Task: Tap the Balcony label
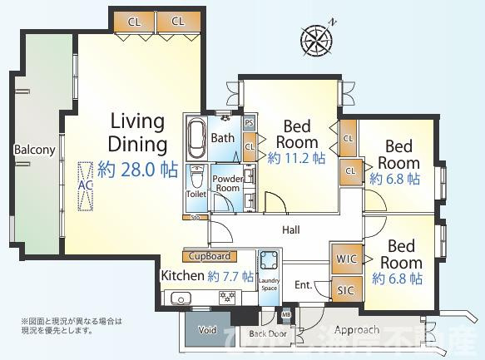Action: (34, 150)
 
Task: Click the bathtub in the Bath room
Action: (196, 140)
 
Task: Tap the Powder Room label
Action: (226, 183)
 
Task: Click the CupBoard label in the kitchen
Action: (209, 256)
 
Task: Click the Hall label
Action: (291, 229)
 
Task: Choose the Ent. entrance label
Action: (304, 285)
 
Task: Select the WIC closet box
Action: (346, 259)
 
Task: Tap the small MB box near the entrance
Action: (286, 313)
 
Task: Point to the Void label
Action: (207, 330)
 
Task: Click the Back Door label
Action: (268, 333)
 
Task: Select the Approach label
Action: (358, 330)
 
